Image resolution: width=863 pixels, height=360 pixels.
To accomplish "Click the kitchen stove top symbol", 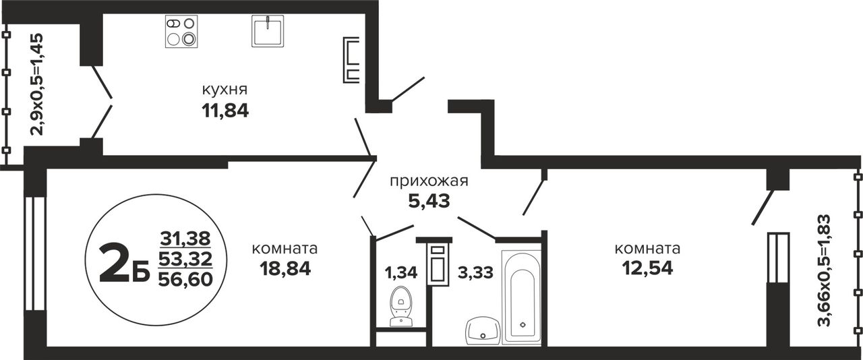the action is click(x=181, y=32).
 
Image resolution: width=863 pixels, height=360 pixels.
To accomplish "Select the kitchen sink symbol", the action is click(x=268, y=31).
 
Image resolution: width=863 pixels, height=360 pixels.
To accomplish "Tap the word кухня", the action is click(x=225, y=90).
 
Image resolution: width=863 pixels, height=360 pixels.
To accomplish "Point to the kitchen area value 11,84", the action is click(x=225, y=111).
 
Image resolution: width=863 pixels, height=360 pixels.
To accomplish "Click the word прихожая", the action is click(x=429, y=181).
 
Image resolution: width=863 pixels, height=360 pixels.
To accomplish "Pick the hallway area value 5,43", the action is click(x=429, y=201).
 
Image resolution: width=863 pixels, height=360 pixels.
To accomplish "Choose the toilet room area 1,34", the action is click(x=401, y=272).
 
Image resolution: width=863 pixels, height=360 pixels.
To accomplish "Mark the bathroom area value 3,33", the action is click(x=475, y=272).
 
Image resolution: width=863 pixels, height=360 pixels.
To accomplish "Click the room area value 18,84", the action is click(x=285, y=268).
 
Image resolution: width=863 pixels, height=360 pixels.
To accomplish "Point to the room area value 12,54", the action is click(x=647, y=268).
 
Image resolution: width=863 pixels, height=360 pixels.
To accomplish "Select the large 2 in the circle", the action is click(x=113, y=264).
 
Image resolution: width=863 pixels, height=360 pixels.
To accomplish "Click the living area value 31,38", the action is click(x=185, y=239).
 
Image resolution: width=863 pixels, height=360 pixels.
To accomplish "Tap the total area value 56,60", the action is click(x=185, y=278).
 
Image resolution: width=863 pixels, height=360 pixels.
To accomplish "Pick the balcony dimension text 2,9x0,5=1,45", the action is click(x=37, y=84).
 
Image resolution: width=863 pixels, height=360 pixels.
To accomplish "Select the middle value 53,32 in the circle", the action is click(x=185, y=258).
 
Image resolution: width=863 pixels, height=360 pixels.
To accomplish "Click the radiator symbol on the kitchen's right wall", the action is click(x=351, y=60).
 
